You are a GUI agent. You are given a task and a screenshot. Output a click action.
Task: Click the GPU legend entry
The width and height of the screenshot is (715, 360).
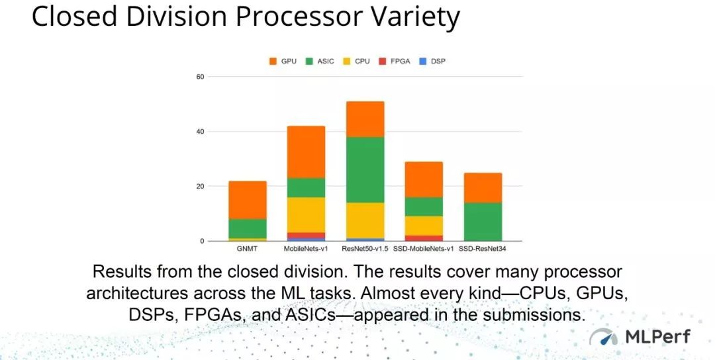tap(283, 61)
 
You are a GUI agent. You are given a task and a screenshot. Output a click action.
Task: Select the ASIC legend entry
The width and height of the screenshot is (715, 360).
tap(320, 61)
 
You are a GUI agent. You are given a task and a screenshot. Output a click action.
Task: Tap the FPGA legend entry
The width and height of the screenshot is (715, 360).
tap(395, 61)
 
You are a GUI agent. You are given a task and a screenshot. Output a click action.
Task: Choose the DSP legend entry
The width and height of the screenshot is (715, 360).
tap(432, 61)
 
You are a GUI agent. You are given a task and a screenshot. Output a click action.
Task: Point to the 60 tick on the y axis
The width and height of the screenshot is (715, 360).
tap(200, 77)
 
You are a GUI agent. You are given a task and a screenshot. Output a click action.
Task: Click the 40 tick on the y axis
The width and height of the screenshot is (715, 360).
tap(200, 132)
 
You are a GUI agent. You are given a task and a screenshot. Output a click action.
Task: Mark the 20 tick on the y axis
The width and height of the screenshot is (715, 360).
tap(200, 187)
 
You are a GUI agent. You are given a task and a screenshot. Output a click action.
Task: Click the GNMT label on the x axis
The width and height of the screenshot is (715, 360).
tap(247, 249)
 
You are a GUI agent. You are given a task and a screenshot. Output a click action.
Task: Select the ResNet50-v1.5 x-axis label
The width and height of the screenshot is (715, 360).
tap(365, 249)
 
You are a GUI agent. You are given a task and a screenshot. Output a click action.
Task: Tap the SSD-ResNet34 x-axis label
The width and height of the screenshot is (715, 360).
tap(483, 249)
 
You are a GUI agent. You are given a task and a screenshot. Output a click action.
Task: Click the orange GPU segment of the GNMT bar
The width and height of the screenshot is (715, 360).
tap(248, 200)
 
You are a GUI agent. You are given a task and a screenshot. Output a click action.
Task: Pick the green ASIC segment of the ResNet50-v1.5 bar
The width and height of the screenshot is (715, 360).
tap(365, 169)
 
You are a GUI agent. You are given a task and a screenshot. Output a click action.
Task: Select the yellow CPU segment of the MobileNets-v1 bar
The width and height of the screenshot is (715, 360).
tap(307, 215)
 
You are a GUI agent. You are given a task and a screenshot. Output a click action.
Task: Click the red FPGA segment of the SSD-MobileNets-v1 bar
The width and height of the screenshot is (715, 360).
tap(424, 238)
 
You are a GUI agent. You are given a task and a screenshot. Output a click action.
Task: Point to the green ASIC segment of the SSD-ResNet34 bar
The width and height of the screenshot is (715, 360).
tap(483, 222)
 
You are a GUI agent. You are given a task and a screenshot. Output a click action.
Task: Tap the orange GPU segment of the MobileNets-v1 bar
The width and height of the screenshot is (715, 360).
tap(307, 152)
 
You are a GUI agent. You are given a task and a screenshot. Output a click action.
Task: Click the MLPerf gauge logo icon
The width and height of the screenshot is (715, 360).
tap(603, 337)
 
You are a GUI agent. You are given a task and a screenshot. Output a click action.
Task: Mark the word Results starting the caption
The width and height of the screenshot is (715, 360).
tap(122, 272)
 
